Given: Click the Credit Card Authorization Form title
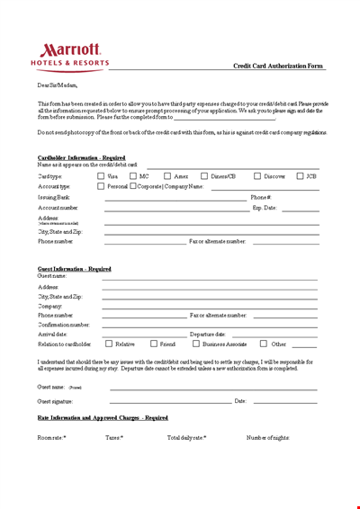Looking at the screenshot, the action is point(277,66).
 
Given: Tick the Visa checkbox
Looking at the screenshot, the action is point(100,176).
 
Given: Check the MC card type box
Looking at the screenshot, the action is point(131,176).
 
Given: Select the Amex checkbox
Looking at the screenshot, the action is point(166,176).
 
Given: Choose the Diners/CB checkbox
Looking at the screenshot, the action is point(204,176).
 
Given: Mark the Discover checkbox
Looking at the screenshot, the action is point(256,176).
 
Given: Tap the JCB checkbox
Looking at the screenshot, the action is point(299,176).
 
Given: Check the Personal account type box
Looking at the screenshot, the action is point(100,186).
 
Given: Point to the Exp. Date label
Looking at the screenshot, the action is point(264,208).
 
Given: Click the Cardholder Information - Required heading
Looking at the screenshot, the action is point(81,157).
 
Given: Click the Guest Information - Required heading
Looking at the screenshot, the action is point(75,269).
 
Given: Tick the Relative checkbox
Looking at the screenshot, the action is point(109,344).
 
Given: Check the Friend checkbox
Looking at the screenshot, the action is point(153,344).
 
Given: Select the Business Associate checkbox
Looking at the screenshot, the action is point(195,344).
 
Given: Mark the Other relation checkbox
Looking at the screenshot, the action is point(264,344).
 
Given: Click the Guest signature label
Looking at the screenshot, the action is point(55,401).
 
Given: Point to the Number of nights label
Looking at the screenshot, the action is point(268,437).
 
